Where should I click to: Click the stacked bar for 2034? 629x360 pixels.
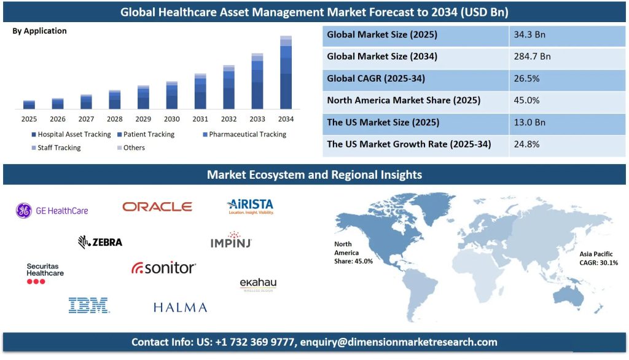click(286, 72)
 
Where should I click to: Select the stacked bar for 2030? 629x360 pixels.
click(172, 95)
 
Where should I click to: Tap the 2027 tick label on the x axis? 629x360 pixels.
click(86, 119)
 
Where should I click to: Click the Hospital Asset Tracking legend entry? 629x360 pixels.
click(71, 135)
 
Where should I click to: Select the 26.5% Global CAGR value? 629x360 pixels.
click(526, 79)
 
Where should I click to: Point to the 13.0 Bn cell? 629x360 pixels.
click(529, 122)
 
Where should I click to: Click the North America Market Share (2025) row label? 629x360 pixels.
click(404, 100)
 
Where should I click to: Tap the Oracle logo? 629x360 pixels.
click(157, 207)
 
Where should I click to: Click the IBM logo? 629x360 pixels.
click(89, 305)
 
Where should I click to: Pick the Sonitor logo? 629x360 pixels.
click(163, 268)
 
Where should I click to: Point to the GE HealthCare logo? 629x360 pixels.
click(52, 211)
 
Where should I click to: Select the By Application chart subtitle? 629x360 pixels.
click(39, 31)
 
